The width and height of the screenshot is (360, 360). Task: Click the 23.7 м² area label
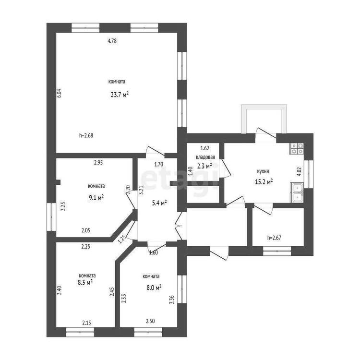120,95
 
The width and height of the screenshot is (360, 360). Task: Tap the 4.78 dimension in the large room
112,41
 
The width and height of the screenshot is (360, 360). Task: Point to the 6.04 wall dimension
59,94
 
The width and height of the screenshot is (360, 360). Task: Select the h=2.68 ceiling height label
86,135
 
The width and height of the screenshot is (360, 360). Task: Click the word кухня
263,171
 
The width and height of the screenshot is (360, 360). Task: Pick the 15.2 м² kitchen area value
264,182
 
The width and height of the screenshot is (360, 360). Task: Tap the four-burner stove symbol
297,148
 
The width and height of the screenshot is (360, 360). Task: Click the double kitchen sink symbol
297,192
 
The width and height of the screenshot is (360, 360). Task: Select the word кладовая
205,157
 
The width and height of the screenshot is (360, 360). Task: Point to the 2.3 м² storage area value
204,166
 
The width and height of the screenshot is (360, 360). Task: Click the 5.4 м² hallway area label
159,203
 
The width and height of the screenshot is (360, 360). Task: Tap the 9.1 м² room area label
96,197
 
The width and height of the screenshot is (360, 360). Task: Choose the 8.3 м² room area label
85,282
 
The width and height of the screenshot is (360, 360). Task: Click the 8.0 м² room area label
154,287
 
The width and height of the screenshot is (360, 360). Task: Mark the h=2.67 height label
274,238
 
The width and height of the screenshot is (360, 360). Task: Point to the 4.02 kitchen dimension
299,171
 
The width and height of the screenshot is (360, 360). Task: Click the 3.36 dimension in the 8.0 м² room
172,300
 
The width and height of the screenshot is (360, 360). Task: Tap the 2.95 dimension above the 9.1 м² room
98,163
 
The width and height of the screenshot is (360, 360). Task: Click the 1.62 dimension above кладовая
205,148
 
